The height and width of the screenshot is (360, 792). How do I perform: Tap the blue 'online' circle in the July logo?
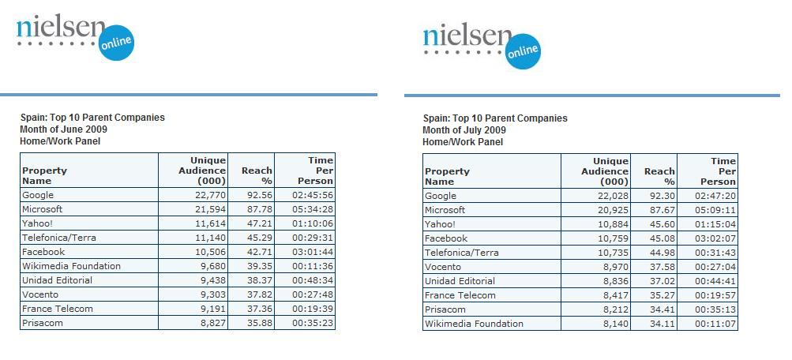(522, 51)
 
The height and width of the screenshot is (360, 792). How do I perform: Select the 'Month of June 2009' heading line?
(64, 129)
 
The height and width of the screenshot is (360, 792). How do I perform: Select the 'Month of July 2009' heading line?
(464, 130)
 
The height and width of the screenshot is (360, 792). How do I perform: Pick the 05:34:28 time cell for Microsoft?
(313, 209)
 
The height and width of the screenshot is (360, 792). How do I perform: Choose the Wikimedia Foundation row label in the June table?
(71, 266)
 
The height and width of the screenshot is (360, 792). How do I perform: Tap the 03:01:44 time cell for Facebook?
(313, 252)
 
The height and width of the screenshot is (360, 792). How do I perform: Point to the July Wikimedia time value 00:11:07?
(715, 324)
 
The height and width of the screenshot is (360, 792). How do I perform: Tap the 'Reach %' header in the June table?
(257, 175)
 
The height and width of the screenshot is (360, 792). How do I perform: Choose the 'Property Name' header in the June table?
(44, 175)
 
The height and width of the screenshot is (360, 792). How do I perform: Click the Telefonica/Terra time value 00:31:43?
(715, 253)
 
